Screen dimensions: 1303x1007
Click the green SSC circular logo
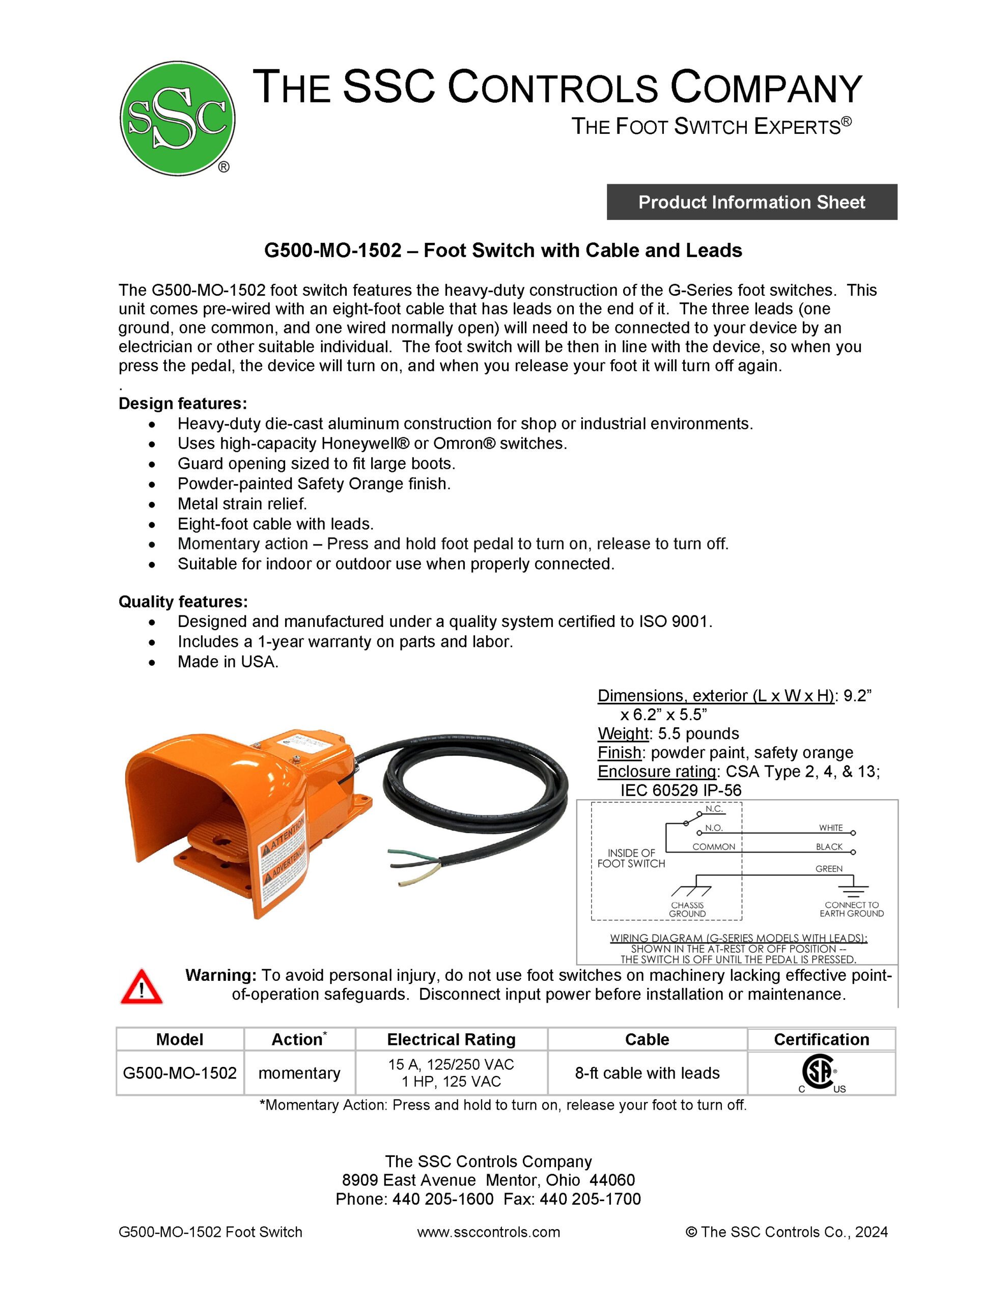(177, 118)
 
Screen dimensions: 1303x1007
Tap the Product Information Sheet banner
(751, 202)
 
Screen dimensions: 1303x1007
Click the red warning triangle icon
(142, 987)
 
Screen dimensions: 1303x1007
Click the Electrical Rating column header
(451, 1039)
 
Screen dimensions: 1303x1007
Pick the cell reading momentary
(299, 1073)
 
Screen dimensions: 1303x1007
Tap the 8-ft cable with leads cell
(647, 1073)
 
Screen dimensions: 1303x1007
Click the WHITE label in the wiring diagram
(830, 828)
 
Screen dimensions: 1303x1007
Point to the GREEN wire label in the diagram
(828, 869)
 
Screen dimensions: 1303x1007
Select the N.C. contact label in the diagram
(714, 809)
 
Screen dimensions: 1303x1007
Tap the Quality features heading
(183, 602)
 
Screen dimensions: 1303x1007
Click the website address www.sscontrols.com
(488, 1232)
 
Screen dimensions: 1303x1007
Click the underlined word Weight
(623, 733)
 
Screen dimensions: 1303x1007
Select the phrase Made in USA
(228, 662)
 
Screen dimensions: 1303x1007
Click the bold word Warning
(221, 975)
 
